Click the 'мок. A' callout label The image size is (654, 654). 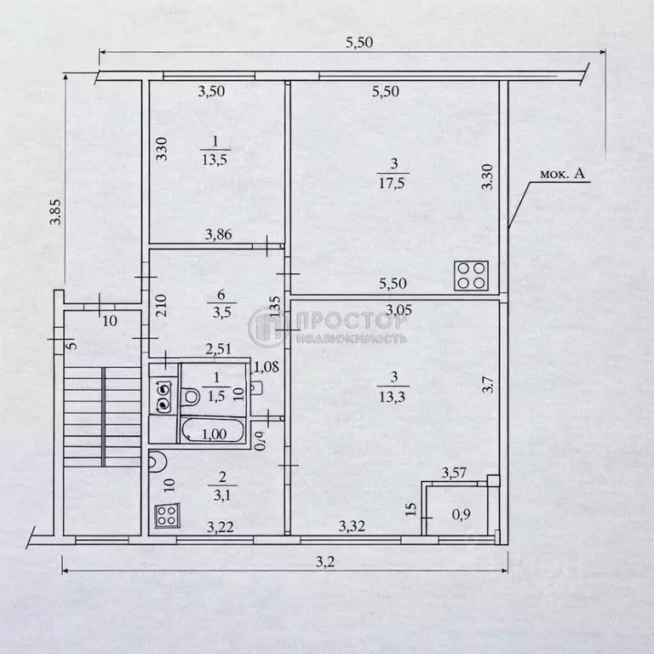[562, 175]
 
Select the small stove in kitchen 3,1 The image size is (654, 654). [166, 515]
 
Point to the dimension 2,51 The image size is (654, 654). [219, 348]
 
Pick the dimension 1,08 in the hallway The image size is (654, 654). [267, 368]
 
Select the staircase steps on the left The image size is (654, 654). [101, 417]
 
